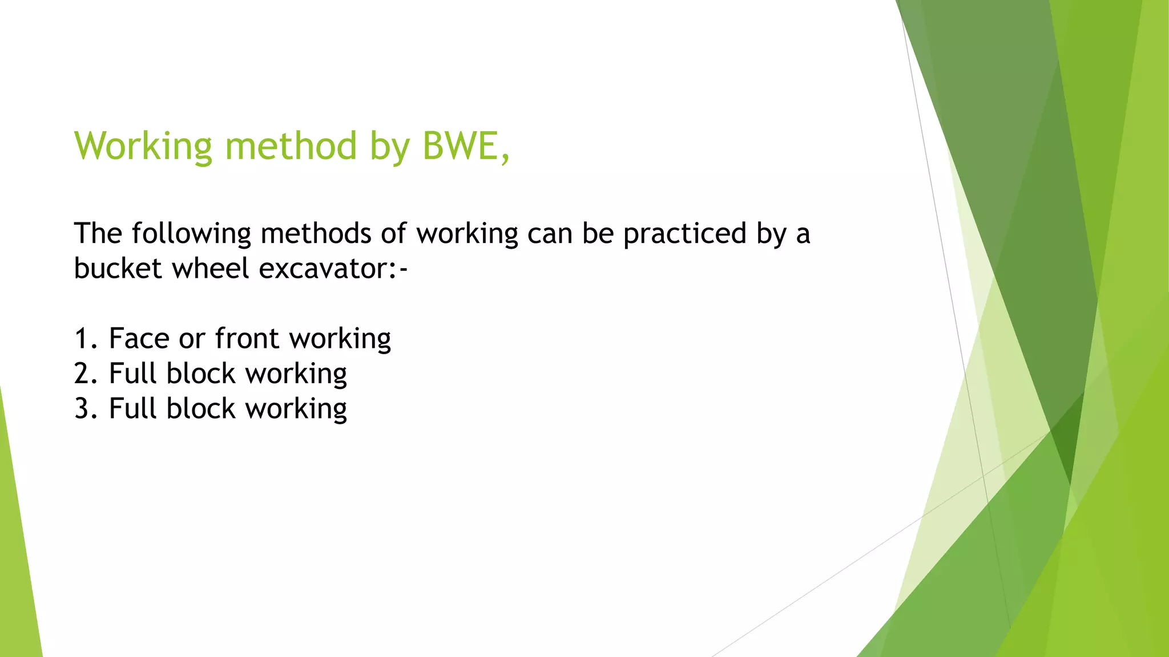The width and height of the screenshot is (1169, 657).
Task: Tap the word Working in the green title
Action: click(x=143, y=146)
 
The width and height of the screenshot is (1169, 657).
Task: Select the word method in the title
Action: click(x=291, y=146)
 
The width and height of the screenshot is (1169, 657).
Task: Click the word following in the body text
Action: click(x=191, y=234)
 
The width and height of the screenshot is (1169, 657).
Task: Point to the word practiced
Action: click(x=684, y=234)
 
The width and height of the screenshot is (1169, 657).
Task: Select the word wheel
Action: click(x=211, y=269)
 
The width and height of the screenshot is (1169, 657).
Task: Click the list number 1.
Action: click(x=82, y=339)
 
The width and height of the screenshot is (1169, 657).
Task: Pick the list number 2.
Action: click(x=82, y=374)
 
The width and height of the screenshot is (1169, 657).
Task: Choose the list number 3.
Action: click(x=82, y=409)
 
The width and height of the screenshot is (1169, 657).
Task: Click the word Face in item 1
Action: click(x=139, y=339)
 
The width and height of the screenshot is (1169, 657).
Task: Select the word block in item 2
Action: click(x=201, y=374)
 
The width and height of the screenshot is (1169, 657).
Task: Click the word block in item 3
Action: click(x=201, y=409)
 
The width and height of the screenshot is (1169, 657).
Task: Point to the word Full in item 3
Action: click(x=132, y=409)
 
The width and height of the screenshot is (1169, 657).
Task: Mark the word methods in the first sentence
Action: click(x=316, y=234)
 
